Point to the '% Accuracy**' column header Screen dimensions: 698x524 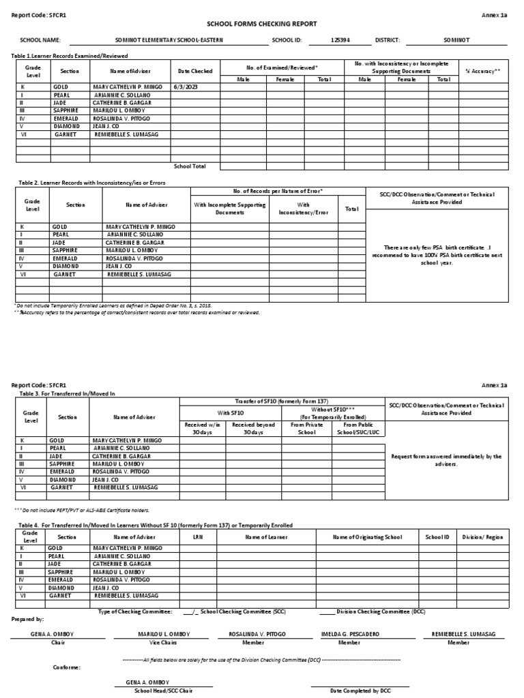point(482,71)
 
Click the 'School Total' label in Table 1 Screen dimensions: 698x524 point(189,166)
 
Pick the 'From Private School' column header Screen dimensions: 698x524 point(306,428)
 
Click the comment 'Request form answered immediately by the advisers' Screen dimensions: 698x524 point(446,459)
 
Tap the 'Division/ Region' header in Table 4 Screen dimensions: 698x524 point(482,537)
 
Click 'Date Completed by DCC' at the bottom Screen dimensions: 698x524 point(360,691)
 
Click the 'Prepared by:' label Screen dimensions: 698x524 point(28,619)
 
